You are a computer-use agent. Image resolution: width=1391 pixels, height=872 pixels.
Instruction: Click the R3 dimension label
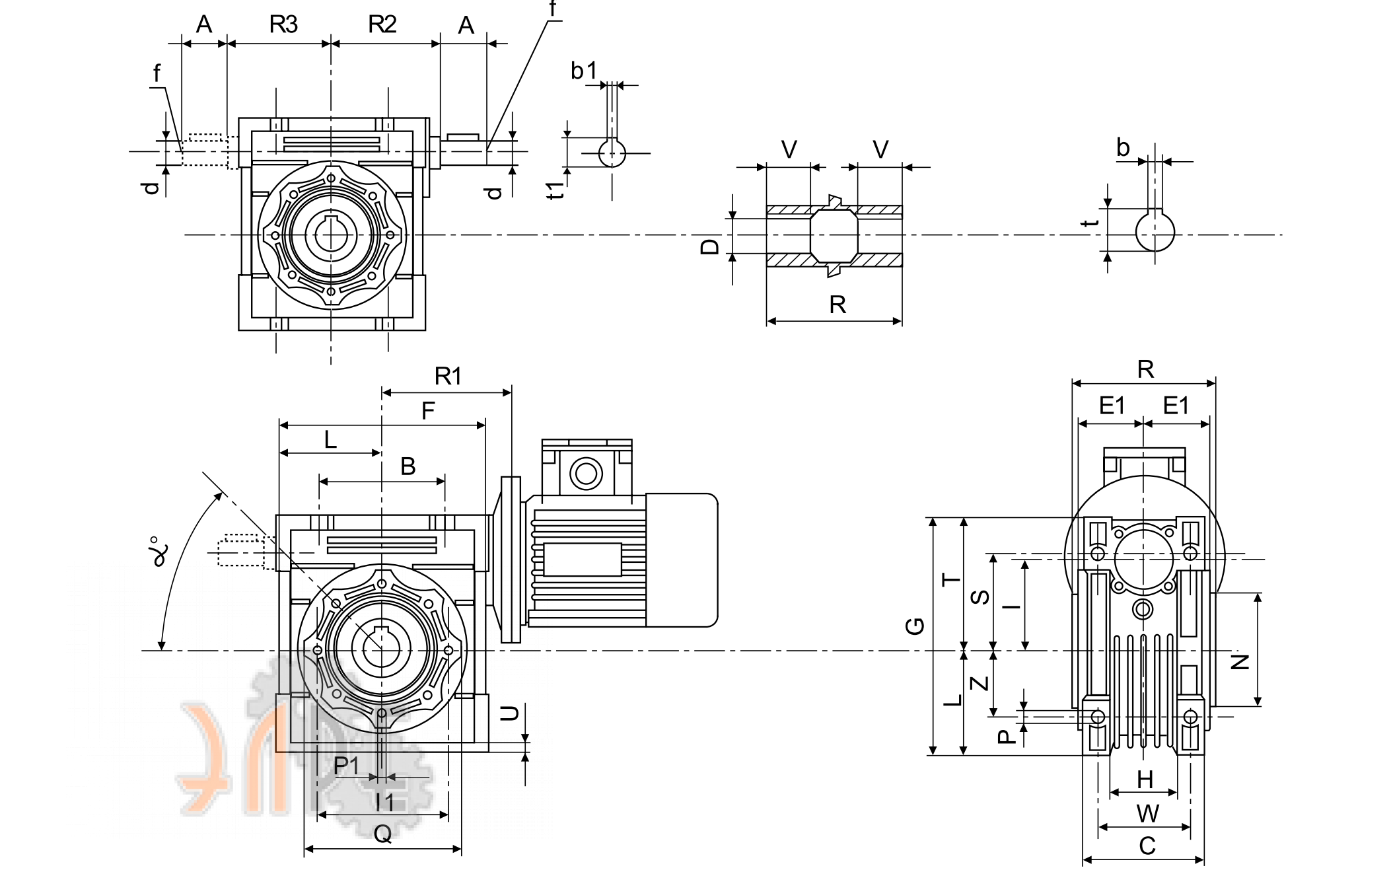[x=283, y=24]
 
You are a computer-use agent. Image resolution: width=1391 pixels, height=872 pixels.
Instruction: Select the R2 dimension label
[x=382, y=24]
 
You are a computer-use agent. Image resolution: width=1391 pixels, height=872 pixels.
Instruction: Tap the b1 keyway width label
[x=584, y=70]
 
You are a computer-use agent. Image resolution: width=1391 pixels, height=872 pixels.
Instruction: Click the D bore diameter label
[x=709, y=246]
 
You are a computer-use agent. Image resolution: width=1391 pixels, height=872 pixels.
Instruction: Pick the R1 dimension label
[x=448, y=376]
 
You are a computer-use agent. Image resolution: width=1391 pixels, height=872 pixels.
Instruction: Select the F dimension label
[x=428, y=411]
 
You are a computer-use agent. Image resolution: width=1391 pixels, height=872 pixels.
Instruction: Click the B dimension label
[x=408, y=466]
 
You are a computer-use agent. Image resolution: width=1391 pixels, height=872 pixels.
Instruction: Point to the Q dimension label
[x=383, y=834]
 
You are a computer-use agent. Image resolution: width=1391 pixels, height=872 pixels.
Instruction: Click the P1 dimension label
[x=347, y=766]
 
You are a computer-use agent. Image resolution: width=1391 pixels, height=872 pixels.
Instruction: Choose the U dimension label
[x=509, y=713]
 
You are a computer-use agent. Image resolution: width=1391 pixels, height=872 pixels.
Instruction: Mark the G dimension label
[x=915, y=626]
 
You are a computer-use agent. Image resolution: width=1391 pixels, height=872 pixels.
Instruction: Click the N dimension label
[x=1240, y=662]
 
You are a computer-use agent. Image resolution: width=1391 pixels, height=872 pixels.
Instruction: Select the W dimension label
[x=1147, y=814]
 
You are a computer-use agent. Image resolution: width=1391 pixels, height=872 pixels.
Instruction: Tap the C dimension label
[x=1147, y=846]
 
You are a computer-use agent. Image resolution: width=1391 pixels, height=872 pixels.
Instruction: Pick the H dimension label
[x=1145, y=780]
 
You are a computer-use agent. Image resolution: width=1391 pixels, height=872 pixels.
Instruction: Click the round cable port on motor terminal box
[x=586, y=473]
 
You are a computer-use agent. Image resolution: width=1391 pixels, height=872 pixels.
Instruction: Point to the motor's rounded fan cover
[x=682, y=560]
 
